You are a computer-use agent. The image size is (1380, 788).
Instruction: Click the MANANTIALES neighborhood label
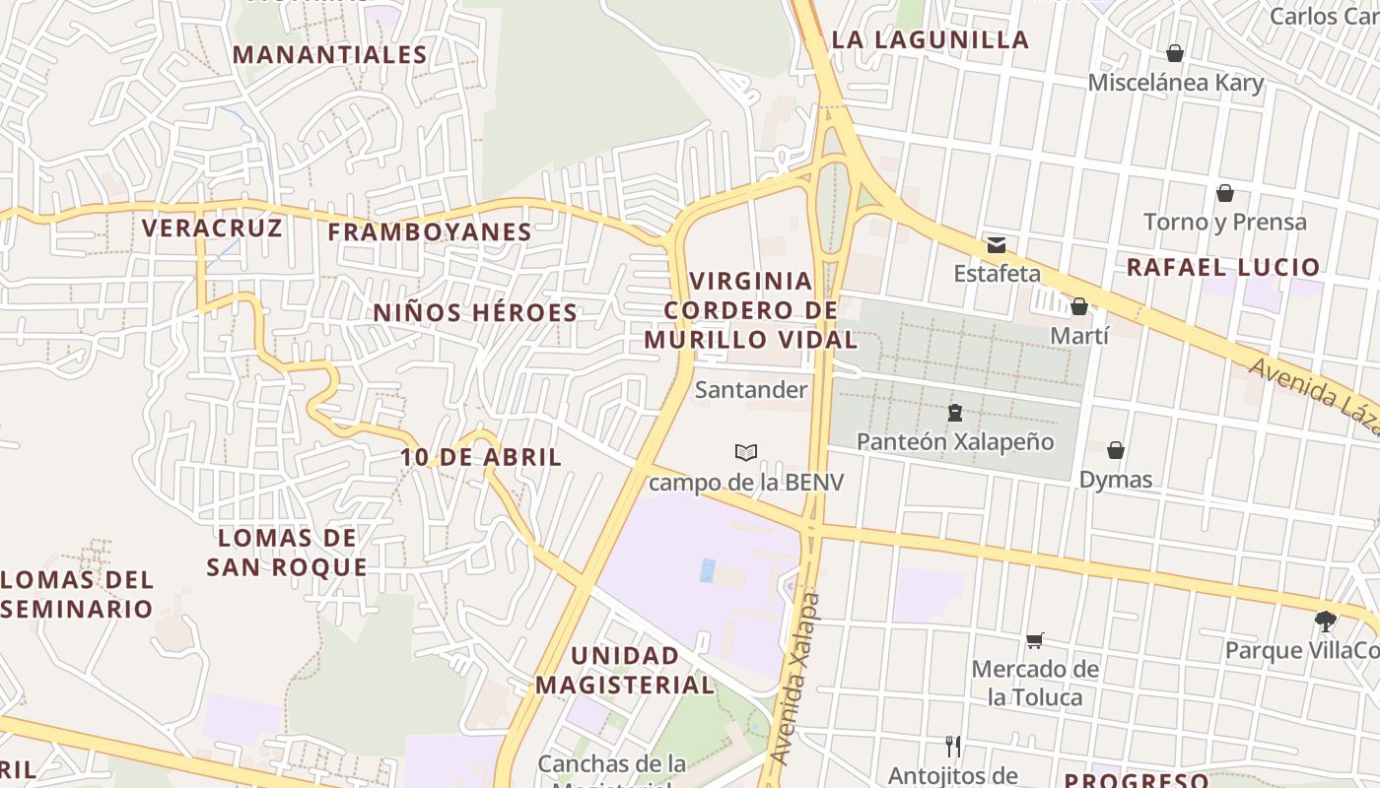[x=329, y=55]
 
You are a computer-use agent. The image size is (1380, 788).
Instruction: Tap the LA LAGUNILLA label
[x=930, y=40]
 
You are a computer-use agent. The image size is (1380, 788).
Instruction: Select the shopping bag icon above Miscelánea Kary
[x=1174, y=53]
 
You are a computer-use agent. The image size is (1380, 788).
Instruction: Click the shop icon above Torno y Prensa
[x=1224, y=193]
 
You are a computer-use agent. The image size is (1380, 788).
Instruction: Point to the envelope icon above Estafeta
[x=997, y=244]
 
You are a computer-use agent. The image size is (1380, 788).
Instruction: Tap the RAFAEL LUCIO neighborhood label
[x=1222, y=267]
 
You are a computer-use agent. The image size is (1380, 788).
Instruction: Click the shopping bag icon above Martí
[x=1078, y=306]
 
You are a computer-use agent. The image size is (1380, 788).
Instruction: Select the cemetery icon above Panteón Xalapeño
[x=954, y=413]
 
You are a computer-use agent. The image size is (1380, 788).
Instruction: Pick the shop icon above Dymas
[x=1115, y=451]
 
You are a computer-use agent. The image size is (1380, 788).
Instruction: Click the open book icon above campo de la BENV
[x=746, y=453]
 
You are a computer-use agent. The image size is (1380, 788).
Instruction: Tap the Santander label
[x=751, y=390]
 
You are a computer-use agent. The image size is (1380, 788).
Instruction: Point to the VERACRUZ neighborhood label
[x=212, y=229]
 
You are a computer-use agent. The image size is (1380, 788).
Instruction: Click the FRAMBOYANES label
[x=430, y=232]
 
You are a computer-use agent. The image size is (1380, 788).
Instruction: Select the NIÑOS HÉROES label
[x=475, y=313]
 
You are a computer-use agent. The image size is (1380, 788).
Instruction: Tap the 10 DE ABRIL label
[x=481, y=457]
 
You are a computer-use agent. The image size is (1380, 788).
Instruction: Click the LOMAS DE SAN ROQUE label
[x=287, y=553]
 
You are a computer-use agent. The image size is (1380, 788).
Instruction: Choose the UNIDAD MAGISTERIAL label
[x=625, y=670]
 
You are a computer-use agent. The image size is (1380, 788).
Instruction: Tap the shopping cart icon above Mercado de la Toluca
[x=1034, y=641]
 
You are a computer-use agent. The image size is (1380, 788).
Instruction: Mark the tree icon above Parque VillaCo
[x=1326, y=622]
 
